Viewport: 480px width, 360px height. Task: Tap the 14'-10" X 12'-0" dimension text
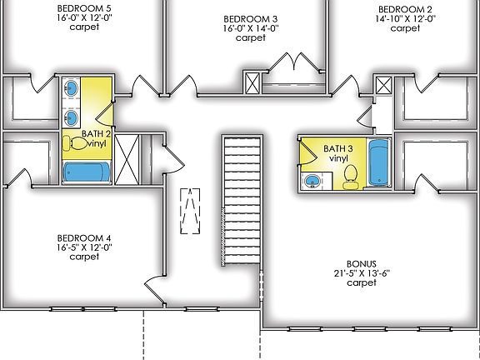pyautogui.click(x=404, y=17)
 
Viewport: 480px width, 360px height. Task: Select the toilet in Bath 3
pyautogui.click(x=350, y=175)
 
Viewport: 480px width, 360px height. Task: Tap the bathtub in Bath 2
pyautogui.click(x=86, y=172)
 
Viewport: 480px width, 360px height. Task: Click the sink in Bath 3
pyautogui.click(x=312, y=180)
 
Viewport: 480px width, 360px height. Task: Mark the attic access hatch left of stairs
pyautogui.click(x=192, y=212)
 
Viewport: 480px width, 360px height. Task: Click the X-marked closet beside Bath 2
pyautogui.click(x=127, y=157)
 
